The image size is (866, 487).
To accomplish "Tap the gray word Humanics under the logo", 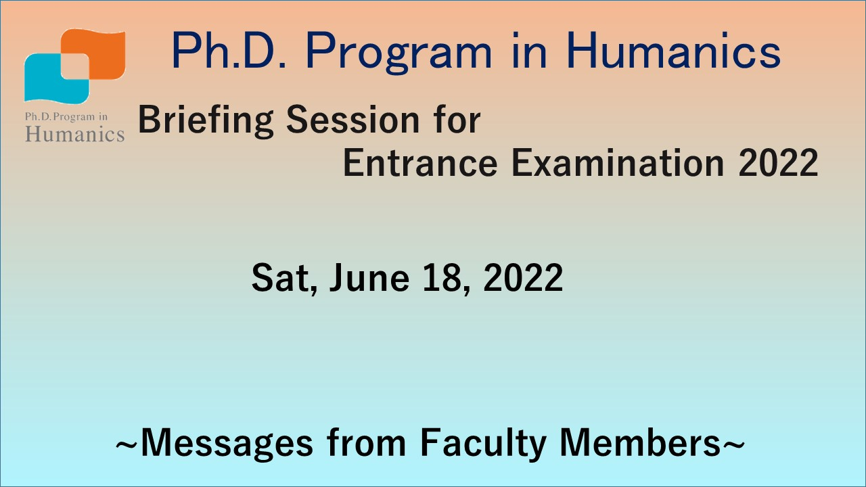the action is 75,135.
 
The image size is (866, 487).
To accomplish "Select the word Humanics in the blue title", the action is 673,51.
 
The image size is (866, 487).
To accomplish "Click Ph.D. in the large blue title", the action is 229,50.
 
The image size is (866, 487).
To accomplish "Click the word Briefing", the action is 206,120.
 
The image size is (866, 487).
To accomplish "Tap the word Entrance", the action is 420,164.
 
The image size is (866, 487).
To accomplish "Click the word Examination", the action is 618,164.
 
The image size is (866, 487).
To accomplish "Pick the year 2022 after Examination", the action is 778,164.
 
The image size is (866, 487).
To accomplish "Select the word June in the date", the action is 369,277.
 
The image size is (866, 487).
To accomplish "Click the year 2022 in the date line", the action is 523,277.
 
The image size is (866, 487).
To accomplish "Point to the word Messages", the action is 227,444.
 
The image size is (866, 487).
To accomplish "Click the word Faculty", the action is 483,444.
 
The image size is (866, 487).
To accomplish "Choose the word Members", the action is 640,443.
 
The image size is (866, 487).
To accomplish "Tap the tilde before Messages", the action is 127,444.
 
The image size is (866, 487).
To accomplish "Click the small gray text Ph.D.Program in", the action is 66,117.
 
